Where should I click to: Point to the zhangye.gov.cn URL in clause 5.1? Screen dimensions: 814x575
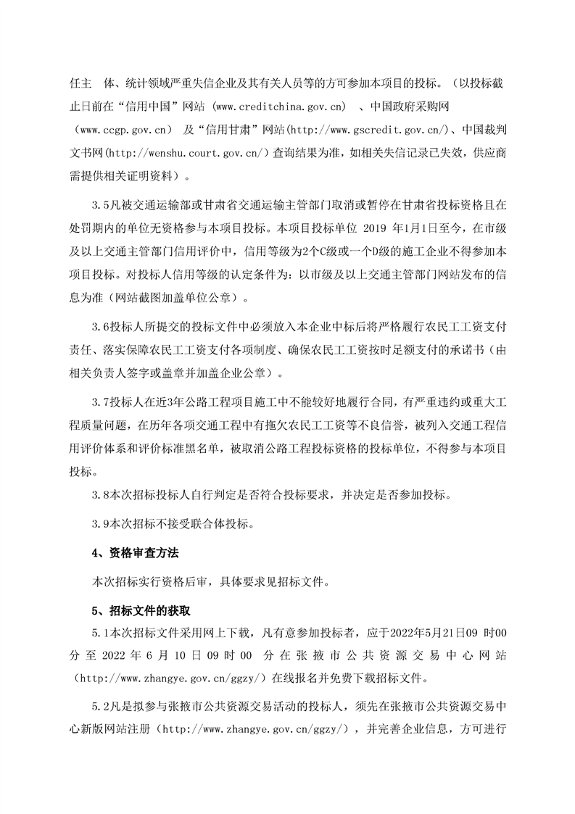173,678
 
